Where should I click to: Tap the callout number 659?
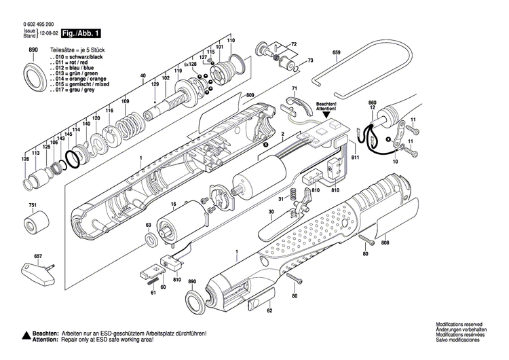click(x=336, y=52)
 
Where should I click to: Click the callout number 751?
click(x=33, y=205)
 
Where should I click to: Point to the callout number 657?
click(x=38, y=255)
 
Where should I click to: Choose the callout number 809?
click(x=231, y=95)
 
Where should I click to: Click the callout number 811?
click(x=355, y=157)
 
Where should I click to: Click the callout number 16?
click(x=173, y=203)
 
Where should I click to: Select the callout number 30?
click(x=270, y=213)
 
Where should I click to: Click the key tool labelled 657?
click(x=33, y=268)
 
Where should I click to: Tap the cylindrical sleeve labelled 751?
click(x=35, y=223)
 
